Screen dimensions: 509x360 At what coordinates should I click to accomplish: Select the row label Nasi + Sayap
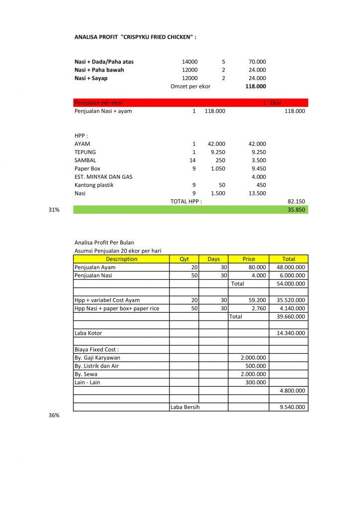click(x=91, y=78)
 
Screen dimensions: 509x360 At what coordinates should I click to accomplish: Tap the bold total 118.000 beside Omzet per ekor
click(x=256, y=86)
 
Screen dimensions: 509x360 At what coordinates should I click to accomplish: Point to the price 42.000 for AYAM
click(x=216, y=144)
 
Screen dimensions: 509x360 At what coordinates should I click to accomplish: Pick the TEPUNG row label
click(x=85, y=152)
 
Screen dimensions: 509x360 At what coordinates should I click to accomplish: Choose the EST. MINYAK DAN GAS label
click(x=103, y=176)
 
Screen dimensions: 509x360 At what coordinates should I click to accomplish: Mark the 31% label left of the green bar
click(x=54, y=210)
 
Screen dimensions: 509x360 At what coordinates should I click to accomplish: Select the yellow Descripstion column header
click(x=121, y=259)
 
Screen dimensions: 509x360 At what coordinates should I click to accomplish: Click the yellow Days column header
click(x=213, y=259)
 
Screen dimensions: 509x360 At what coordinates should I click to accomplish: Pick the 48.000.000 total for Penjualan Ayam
click(x=290, y=267)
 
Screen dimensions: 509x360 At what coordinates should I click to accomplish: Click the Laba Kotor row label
click(x=88, y=333)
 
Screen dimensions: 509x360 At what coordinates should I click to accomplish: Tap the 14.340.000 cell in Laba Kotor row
click(x=290, y=333)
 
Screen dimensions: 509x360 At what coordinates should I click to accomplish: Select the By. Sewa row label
click(x=86, y=374)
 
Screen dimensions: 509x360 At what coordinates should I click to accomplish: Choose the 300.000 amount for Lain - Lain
click(x=256, y=382)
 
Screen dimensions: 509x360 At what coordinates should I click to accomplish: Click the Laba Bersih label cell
click(x=185, y=407)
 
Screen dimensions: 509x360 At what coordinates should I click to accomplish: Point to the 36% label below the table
click(x=54, y=415)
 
